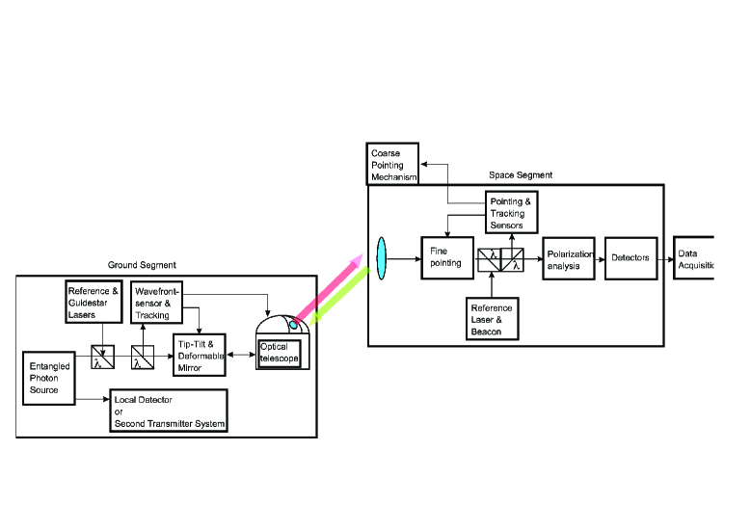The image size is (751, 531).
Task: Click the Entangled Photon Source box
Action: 49,379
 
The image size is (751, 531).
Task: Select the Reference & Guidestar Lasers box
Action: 94,302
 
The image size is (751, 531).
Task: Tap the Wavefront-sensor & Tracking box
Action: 156,303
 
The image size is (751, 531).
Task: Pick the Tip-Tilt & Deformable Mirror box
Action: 200,356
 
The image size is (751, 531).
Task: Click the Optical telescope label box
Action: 280,354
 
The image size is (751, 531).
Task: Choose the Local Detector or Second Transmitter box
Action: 169,411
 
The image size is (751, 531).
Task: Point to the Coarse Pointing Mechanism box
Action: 392,164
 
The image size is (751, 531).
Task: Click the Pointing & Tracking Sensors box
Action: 512,213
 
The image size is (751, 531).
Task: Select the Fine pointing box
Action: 447,257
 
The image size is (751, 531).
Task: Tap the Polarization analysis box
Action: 569,258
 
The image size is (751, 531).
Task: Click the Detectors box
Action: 630,258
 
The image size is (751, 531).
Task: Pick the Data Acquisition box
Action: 694,258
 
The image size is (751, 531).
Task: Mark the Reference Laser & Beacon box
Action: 493,319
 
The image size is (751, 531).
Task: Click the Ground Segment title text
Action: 142,265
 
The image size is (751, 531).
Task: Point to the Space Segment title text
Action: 521,175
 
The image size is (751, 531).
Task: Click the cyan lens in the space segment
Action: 381,258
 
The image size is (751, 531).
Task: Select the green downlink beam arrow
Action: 339,298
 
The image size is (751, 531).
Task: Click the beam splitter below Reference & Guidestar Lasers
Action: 102,357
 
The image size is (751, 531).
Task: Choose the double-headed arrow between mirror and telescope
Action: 241,355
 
